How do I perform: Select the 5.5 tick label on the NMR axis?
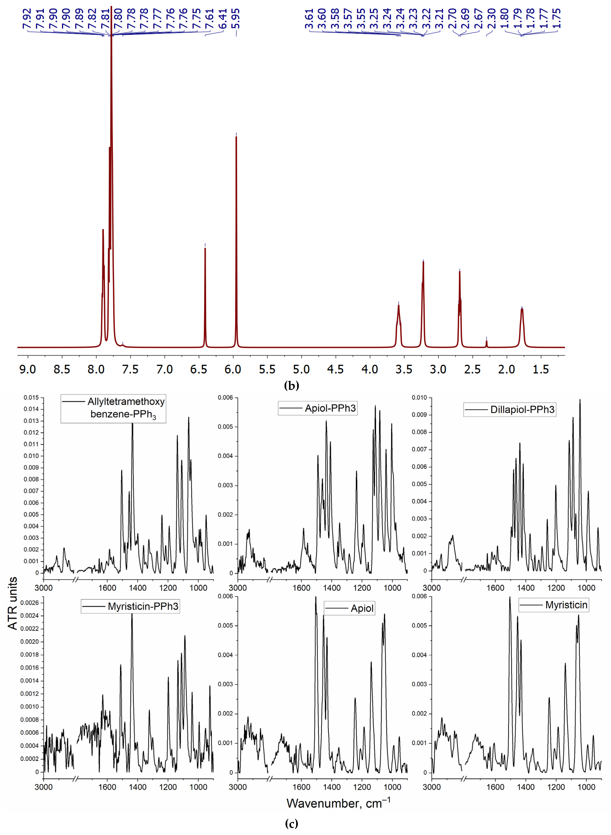[x=267, y=369]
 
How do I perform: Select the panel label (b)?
[x=292, y=386]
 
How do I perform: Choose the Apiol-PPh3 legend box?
[x=318, y=408]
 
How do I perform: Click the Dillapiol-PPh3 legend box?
[x=510, y=410]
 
